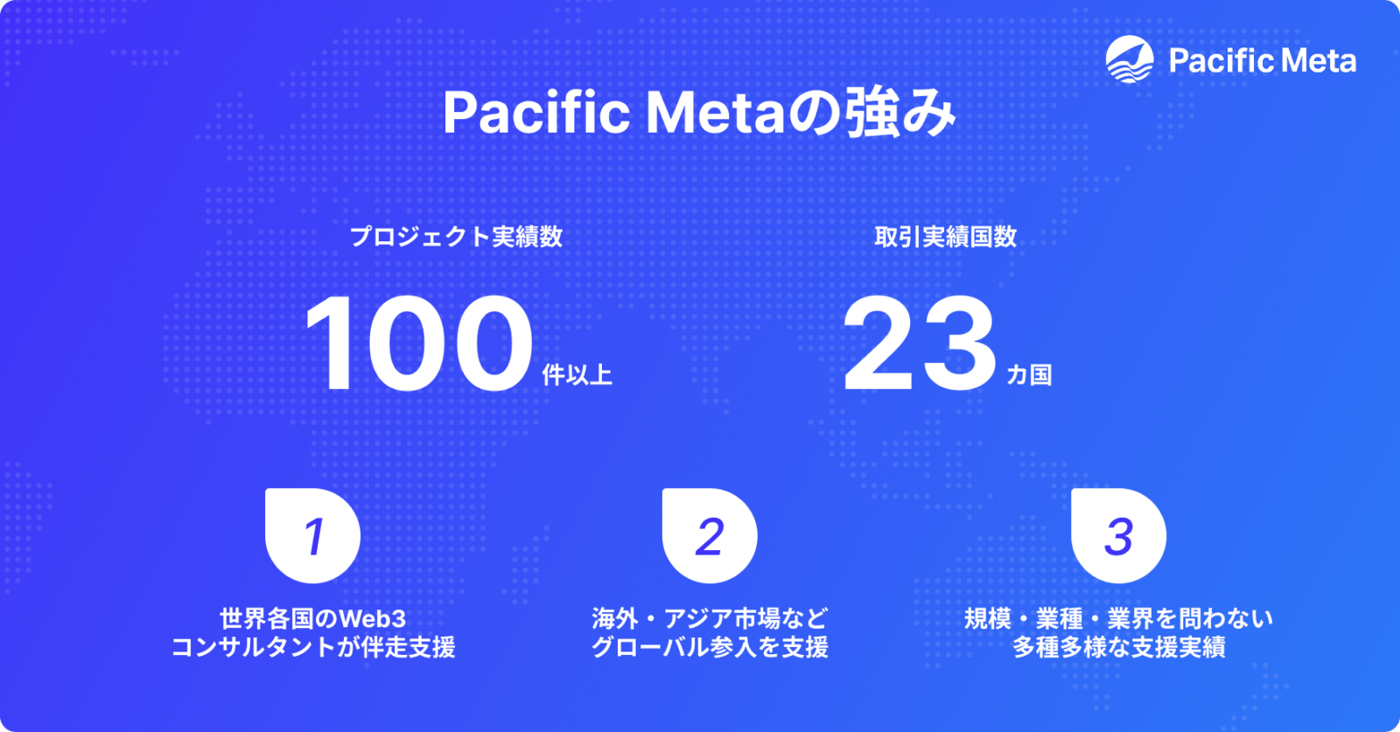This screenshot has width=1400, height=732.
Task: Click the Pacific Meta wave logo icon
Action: pos(1130,59)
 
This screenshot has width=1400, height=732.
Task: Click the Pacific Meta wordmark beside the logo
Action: pos(1262,60)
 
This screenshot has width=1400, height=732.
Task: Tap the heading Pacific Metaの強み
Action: pos(698,113)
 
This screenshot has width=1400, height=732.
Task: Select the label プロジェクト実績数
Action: pos(456,236)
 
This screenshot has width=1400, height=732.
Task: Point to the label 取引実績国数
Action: pos(945,236)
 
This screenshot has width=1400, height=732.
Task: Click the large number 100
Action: pos(418,343)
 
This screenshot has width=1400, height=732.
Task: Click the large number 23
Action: pos(919,343)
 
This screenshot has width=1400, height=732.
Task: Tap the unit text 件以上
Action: pos(577,374)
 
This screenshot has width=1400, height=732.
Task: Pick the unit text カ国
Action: pos(1029,374)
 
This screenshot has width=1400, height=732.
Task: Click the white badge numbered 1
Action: pos(312,535)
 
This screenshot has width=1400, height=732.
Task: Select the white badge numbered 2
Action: pos(710,535)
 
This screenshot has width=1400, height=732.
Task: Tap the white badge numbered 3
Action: pos(1118,535)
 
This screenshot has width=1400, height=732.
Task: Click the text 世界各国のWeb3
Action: pos(312,618)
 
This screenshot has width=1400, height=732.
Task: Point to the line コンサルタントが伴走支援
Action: pos(312,647)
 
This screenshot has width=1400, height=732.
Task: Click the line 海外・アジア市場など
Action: pos(710,618)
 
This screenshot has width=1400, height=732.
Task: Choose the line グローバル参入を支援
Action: pos(710,647)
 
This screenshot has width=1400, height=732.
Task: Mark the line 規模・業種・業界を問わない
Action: pos(1118,618)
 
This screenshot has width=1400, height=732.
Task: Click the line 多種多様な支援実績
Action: pos(1118,647)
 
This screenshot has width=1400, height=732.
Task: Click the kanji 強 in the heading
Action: pos(875,113)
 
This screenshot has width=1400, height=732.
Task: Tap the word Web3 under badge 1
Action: pos(372,618)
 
